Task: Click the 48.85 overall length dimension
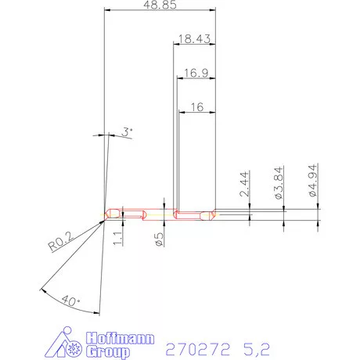click(160, 5)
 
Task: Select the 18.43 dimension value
click(194, 39)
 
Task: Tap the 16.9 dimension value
click(196, 73)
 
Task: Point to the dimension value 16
click(197, 107)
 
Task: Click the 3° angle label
click(127, 132)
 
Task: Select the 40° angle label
click(70, 301)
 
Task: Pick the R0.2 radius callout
click(60, 241)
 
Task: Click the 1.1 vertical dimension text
click(118, 238)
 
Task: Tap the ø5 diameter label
click(159, 239)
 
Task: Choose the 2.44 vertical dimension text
click(244, 184)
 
